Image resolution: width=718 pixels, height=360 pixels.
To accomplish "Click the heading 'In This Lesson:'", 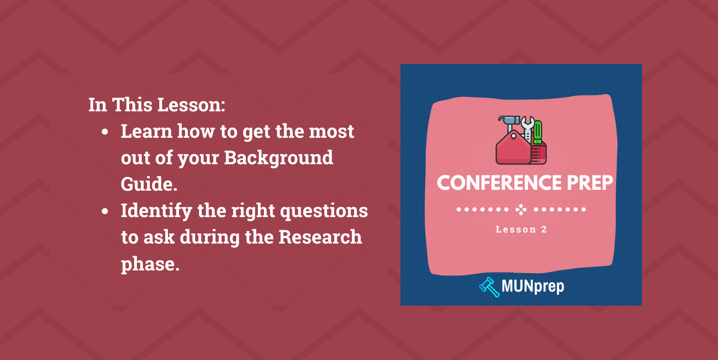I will click(x=157, y=105).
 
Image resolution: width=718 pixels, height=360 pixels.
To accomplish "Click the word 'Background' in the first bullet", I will click(x=278, y=158).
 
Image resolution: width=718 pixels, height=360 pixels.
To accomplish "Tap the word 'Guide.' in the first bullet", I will click(x=149, y=184).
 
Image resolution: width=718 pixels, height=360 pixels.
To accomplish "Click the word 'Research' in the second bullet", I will click(x=320, y=237).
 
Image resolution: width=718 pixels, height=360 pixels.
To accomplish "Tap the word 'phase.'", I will click(x=150, y=264).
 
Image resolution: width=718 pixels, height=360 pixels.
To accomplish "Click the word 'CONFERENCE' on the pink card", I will click(x=491, y=183).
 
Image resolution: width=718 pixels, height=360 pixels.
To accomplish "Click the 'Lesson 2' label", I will click(x=521, y=230).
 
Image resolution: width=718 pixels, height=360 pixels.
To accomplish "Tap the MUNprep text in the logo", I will click(x=533, y=286).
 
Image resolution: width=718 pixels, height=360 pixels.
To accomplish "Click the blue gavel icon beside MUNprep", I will click(x=489, y=286).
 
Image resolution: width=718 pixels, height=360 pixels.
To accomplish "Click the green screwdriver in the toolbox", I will click(x=538, y=132).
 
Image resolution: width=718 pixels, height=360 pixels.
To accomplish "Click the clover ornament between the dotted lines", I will click(x=521, y=210).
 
